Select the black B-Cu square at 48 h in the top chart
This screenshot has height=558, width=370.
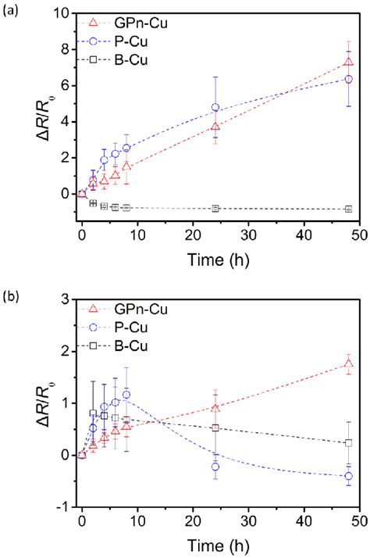[348, 209]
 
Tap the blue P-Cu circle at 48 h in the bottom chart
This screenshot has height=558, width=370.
[348, 476]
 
